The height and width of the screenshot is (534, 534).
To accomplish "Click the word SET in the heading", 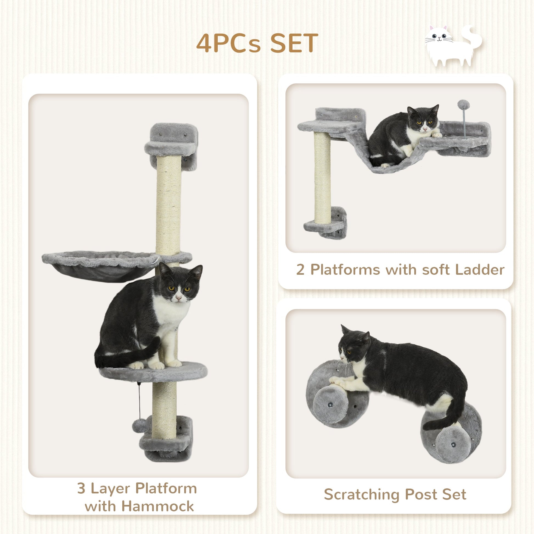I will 294,43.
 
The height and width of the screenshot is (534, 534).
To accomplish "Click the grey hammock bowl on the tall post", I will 101,266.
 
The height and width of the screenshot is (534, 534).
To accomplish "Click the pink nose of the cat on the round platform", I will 179,298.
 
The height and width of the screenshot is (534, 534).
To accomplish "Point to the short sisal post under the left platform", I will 322,177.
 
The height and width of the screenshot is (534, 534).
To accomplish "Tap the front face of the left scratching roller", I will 331,404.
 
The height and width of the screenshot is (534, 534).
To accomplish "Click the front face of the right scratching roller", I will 453,449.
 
